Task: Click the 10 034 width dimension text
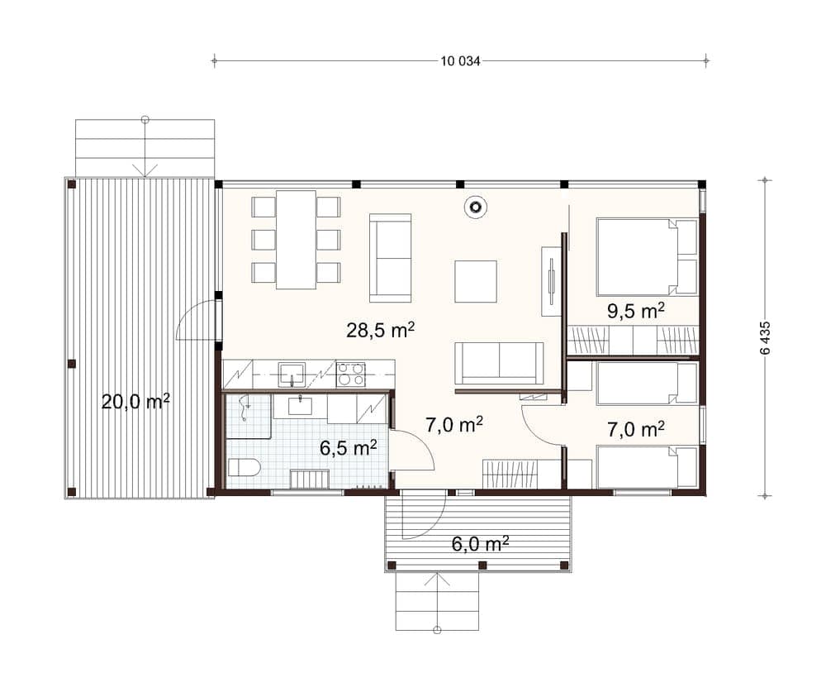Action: coord(460,61)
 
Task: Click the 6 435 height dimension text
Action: coord(766,337)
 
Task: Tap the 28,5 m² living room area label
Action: coord(380,330)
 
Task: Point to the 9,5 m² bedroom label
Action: coord(635,311)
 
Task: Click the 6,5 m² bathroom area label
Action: coord(349,448)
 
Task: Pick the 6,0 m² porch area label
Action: coord(480,543)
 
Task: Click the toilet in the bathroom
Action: coord(244,468)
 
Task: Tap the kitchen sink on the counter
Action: coord(292,375)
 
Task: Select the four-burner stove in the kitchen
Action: coord(351,374)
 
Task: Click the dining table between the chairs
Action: coord(296,240)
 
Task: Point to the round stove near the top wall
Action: coord(475,207)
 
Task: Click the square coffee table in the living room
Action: coord(476,281)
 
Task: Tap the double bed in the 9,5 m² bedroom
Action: coord(647,257)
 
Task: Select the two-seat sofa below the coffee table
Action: coord(499,364)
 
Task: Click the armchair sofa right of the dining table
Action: coord(391,258)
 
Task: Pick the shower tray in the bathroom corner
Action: coord(249,416)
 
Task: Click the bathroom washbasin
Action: coord(300,406)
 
